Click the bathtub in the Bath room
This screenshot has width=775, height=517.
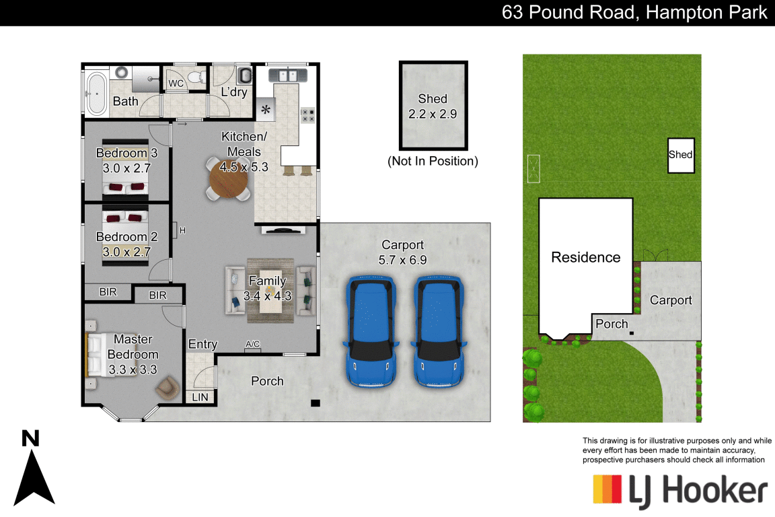(x=97, y=92)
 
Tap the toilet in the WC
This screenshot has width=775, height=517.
(x=196, y=77)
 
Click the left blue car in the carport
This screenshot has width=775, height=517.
(x=370, y=330)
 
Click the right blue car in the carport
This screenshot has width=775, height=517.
(x=439, y=330)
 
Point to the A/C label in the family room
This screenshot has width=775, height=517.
(x=253, y=345)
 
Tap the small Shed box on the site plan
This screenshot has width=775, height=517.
(x=680, y=155)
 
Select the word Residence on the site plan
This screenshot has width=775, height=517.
(x=585, y=257)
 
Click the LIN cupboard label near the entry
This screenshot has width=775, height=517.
(x=200, y=398)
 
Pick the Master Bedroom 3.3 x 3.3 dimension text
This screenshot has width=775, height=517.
(x=133, y=370)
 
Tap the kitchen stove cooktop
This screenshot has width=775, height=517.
(x=307, y=115)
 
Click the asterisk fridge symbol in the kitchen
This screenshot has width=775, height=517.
(x=265, y=110)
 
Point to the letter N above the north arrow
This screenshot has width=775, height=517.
(x=30, y=439)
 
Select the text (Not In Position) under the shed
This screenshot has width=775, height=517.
(x=433, y=162)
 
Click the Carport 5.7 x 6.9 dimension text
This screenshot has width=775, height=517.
(x=404, y=259)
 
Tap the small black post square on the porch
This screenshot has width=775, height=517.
(x=315, y=403)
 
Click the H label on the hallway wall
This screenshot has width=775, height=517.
(x=182, y=231)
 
